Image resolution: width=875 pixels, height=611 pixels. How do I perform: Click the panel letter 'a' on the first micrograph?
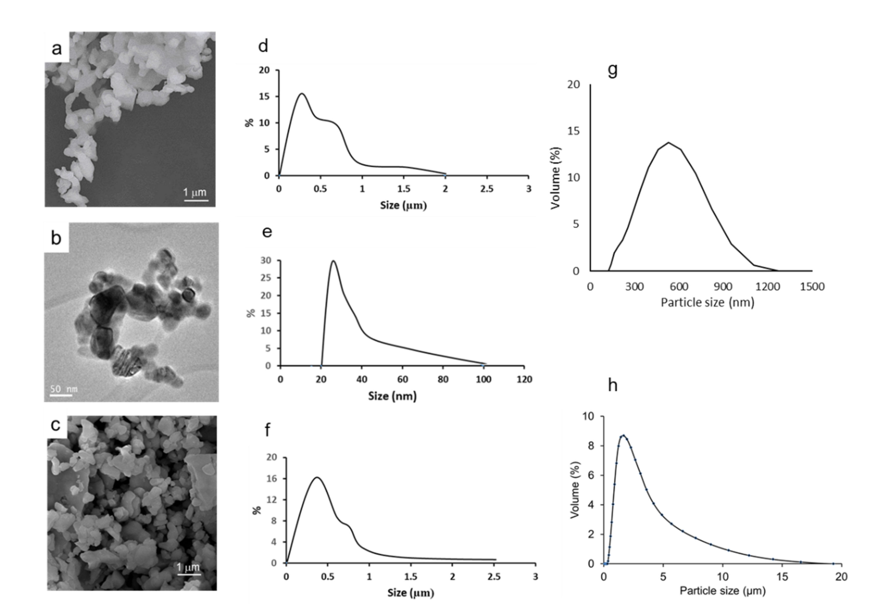(x=57, y=49)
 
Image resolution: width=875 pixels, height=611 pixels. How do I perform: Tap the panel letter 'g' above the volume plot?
(x=612, y=70)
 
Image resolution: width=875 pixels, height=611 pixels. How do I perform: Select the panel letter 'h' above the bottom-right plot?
(x=612, y=386)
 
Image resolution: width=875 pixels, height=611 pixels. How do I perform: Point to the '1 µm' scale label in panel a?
(x=195, y=192)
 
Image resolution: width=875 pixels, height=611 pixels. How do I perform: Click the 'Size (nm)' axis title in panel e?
(x=392, y=396)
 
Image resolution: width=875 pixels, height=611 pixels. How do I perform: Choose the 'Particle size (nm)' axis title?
(x=707, y=302)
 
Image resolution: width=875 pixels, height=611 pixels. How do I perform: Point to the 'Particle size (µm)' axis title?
(x=722, y=591)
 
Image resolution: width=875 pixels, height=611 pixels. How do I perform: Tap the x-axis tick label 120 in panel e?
(x=524, y=379)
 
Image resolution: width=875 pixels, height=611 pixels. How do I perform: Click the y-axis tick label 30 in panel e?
(x=266, y=261)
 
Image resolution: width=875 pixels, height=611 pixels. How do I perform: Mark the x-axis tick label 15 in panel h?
(x=782, y=577)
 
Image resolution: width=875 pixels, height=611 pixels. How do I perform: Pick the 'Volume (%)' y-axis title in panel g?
(x=556, y=178)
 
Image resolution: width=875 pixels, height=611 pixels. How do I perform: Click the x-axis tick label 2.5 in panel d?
(x=487, y=189)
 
